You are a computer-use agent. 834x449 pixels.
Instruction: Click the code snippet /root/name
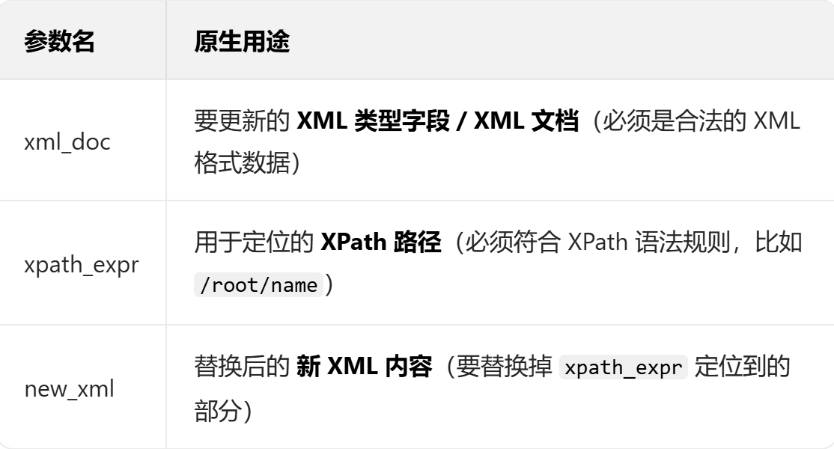[x=258, y=288]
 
